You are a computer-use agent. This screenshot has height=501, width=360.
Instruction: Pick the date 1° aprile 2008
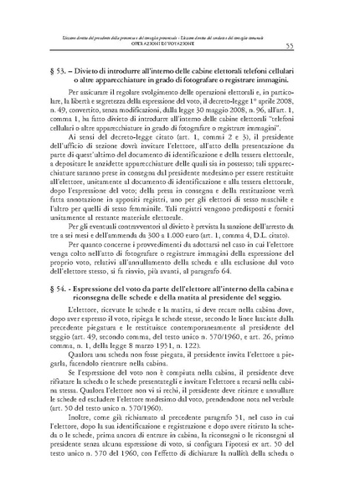(x=280, y=121)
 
